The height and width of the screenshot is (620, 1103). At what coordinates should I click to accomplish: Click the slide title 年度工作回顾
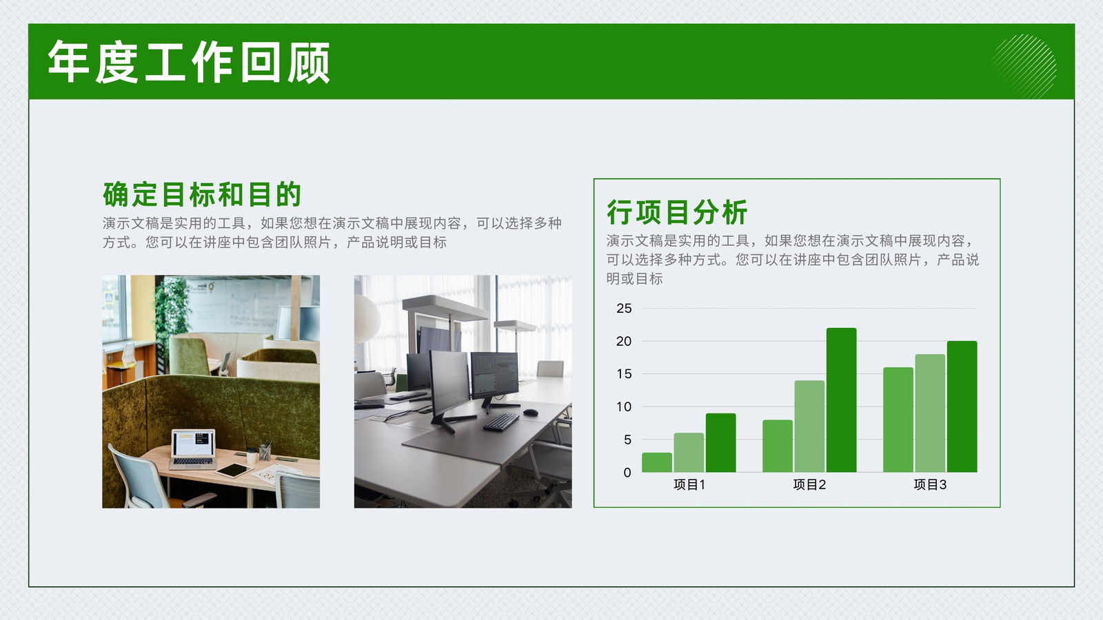click(189, 63)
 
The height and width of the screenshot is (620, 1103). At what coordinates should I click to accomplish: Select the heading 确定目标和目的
click(202, 194)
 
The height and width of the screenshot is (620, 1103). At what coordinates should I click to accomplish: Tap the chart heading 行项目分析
click(677, 212)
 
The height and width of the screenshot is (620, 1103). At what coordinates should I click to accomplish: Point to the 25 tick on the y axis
click(624, 309)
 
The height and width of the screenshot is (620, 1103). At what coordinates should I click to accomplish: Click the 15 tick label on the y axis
click(624, 374)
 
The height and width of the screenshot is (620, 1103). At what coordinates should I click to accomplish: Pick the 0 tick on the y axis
click(627, 473)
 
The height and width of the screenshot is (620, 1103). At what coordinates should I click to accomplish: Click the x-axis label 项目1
click(689, 485)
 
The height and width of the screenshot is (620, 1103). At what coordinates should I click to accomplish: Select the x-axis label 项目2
click(809, 485)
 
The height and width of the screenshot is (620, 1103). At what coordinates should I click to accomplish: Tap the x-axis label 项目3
click(930, 485)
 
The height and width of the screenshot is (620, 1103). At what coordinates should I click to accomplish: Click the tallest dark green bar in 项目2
click(842, 400)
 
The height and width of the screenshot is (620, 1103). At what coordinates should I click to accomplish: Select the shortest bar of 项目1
click(657, 462)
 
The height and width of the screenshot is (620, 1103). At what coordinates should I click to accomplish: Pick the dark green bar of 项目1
click(721, 443)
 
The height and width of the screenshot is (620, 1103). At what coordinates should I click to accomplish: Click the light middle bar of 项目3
click(930, 413)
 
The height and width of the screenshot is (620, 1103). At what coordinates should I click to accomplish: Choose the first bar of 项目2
click(778, 446)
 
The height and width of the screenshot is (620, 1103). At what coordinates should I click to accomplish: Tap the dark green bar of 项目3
click(962, 406)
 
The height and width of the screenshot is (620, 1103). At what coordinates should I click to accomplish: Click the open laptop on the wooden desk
click(193, 449)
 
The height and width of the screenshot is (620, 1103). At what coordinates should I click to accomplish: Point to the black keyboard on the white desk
click(500, 422)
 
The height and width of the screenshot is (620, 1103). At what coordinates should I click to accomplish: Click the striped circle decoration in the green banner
click(1023, 66)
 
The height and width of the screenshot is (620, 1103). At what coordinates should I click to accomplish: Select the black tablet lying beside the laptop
click(234, 471)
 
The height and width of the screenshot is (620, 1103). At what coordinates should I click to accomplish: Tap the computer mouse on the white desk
click(531, 413)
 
